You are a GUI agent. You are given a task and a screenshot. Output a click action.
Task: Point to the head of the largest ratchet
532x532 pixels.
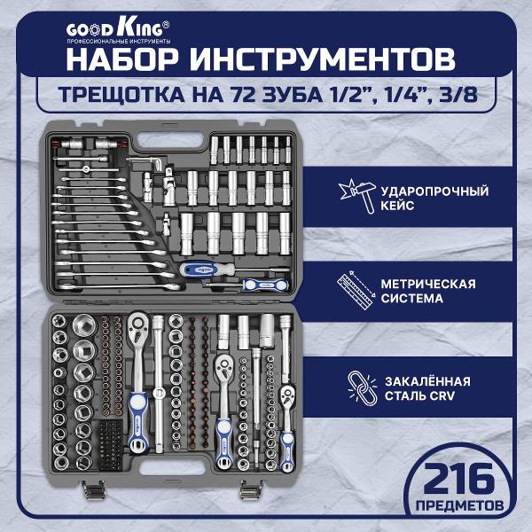point(139,322)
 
